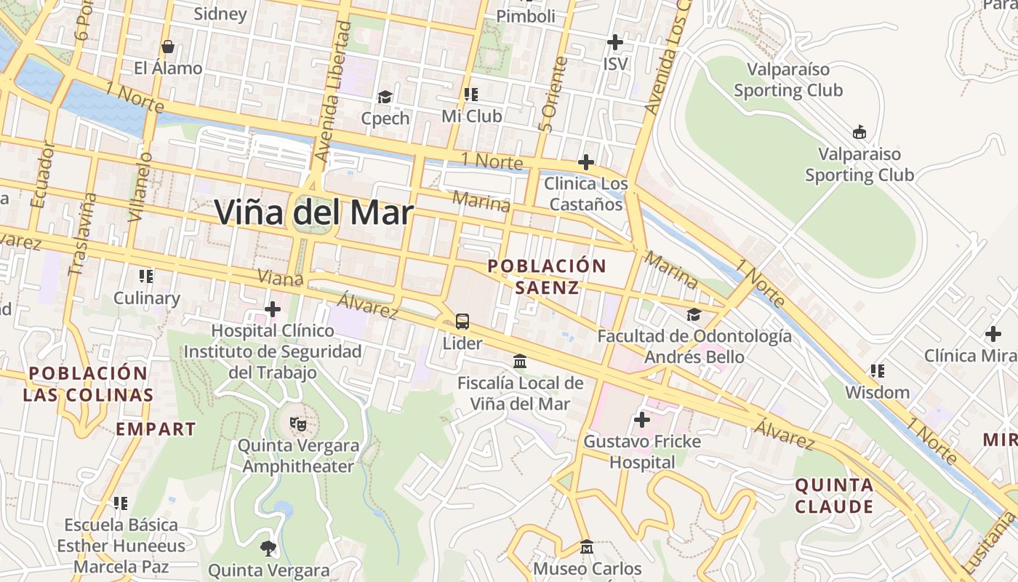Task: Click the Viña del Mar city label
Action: click(314, 212)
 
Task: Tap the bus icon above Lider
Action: click(462, 321)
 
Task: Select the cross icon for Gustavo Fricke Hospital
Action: click(641, 420)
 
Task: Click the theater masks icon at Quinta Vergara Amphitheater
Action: click(297, 423)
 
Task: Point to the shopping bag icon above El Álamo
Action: click(168, 47)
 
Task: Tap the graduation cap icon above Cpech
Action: click(385, 97)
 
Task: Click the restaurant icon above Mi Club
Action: click(471, 95)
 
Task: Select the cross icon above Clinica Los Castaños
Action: click(585, 162)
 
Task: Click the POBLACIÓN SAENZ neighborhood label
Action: click(547, 276)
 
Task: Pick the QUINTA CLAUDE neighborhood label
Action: click(834, 495)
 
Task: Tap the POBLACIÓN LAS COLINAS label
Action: click(88, 384)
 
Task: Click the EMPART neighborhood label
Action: click(156, 429)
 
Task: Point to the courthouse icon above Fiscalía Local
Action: click(520, 361)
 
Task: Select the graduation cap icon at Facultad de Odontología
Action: click(694, 315)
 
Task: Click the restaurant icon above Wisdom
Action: click(878, 371)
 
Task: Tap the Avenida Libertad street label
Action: click(334, 91)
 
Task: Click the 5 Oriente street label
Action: click(552, 95)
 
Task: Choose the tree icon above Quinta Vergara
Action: click(268, 549)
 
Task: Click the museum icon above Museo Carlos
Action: click(587, 546)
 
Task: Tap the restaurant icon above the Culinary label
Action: click(146, 276)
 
